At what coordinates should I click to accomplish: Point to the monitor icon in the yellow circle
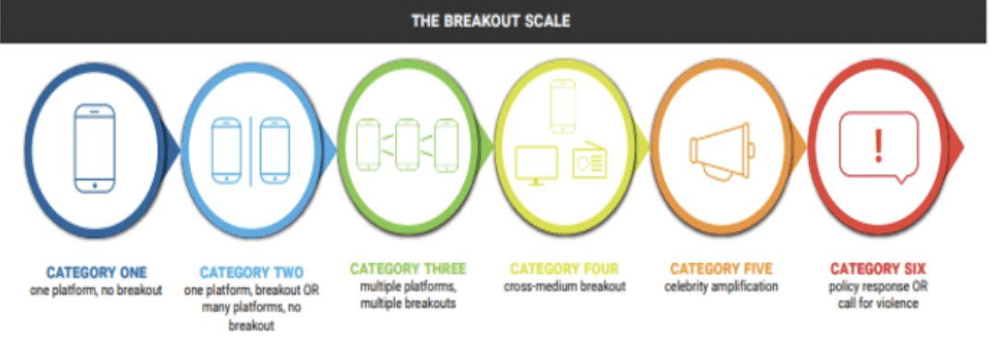(535, 164)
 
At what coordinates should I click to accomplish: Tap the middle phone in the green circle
(408, 143)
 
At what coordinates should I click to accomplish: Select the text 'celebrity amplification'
(721, 286)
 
